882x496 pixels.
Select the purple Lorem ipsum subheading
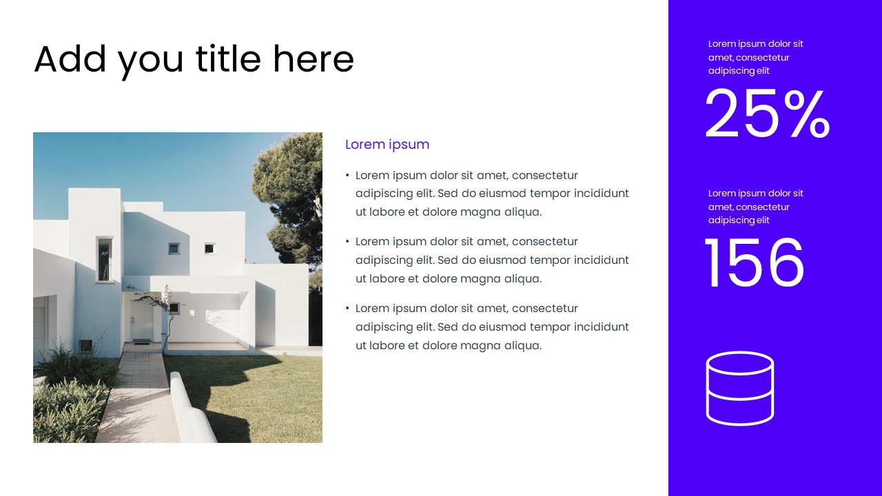(387, 145)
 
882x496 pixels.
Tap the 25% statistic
(766, 115)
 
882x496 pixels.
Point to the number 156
(754, 263)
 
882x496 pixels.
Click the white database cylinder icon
(740, 388)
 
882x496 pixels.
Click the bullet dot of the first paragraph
(348, 176)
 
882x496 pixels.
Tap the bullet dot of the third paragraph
(348, 309)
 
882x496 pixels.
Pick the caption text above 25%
(755, 57)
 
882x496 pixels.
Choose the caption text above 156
(755, 207)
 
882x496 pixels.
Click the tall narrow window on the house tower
(104, 259)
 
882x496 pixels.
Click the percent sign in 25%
(806, 115)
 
